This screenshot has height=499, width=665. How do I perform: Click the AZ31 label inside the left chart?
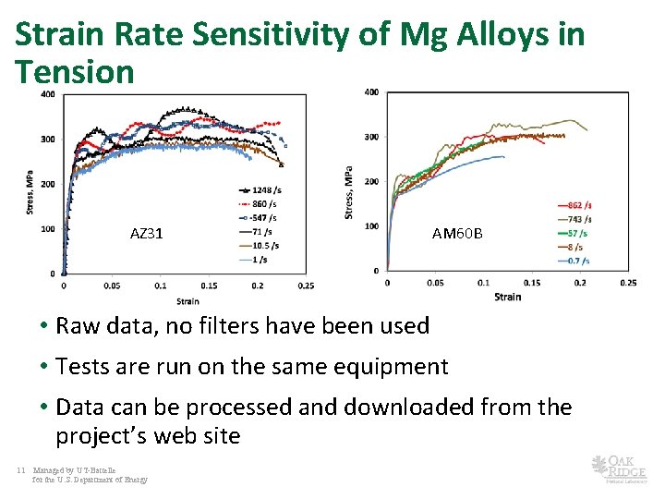pos(147,234)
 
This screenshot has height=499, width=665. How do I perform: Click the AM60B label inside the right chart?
pos(457,234)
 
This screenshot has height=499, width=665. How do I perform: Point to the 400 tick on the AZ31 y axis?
pos(46,94)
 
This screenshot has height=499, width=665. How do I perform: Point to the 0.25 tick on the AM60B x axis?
pos(627,282)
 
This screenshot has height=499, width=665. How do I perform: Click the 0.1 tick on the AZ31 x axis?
pos(160,286)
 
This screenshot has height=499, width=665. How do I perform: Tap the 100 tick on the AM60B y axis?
pos(371,225)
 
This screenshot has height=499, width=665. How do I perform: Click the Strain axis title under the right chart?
pos(507,297)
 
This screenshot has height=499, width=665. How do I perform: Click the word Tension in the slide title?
pos(75,71)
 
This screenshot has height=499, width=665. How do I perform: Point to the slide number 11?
pos(20,470)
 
